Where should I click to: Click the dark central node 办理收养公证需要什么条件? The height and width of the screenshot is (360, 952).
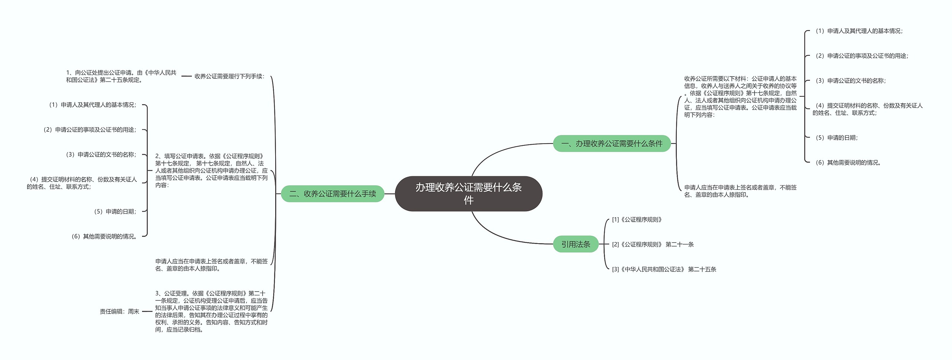(468, 194)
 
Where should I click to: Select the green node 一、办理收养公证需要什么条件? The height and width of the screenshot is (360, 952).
(612, 144)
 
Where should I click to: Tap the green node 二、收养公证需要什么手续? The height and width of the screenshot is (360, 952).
(332, 194)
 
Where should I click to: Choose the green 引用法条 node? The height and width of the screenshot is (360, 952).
(576, 244)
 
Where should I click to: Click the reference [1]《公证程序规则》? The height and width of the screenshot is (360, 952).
(637, 220)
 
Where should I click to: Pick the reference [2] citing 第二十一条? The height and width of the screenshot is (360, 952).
(653, 244)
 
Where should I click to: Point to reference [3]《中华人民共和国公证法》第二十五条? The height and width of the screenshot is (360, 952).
(664, 269)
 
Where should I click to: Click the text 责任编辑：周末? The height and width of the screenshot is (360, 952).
(119, 312)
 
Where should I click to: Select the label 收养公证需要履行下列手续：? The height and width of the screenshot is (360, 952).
(229, 76)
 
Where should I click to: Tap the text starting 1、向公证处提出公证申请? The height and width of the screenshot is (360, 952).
(121, 76)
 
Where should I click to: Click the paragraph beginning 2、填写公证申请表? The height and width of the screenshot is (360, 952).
(211, 170)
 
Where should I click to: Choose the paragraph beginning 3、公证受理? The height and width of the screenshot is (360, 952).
(211, 311)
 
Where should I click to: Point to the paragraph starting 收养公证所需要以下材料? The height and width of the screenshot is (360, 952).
(740, 97)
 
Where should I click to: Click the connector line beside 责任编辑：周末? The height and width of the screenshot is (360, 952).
(147, 312)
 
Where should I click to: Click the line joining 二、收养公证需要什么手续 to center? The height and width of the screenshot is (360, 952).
(389, 194)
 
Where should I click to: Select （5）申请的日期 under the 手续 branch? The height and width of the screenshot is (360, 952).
(115, 212)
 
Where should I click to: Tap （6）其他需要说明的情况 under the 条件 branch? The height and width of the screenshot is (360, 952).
(848, 163)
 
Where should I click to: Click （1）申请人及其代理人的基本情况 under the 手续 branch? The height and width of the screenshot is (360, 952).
(93, 105)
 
